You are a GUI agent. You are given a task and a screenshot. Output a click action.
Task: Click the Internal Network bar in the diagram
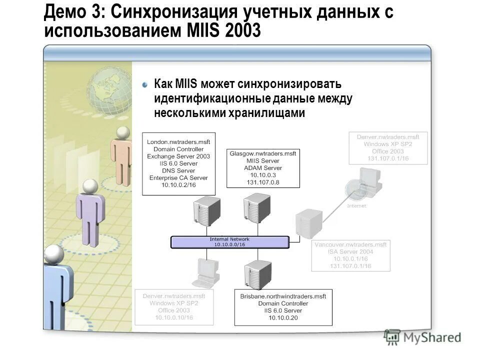pos(229,242)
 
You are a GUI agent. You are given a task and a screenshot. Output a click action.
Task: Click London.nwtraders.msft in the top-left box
pos(178,142)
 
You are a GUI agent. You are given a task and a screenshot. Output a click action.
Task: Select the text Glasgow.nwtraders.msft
pos(263,153)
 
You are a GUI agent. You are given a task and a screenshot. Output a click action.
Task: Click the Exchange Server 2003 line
pos(178,156)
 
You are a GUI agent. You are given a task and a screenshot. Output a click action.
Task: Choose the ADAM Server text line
pos(263,168)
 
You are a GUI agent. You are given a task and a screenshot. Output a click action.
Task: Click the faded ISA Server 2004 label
pos(350,252)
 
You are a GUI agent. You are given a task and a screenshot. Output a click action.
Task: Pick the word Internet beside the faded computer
pos(356,205)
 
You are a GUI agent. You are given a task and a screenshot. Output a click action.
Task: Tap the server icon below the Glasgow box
pos(257,208)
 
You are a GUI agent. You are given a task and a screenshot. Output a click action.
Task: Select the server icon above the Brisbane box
pos(257,274)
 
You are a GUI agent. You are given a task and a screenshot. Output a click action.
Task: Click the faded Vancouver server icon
pos(308,224)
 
